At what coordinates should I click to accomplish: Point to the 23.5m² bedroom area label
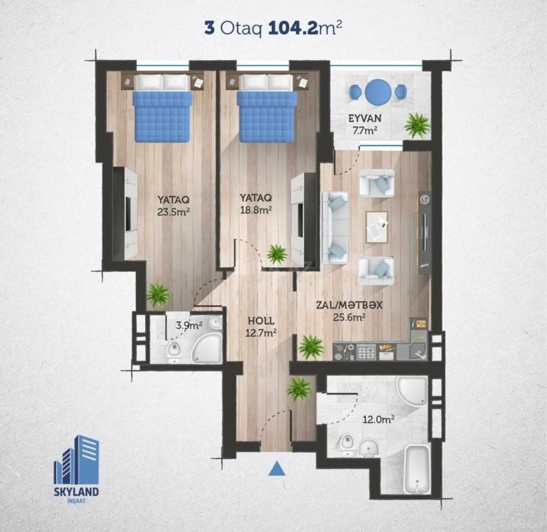point(173,212)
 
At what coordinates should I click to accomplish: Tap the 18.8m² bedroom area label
point(256,210)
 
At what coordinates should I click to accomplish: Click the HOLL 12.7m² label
point(261,327)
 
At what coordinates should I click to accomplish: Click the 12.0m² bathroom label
point(378,420)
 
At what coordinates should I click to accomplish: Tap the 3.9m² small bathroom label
point(189,325)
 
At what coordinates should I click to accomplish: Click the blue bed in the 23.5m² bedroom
point(163,116)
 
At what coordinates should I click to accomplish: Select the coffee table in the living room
point(376,227)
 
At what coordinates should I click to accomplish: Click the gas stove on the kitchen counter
point(366,352)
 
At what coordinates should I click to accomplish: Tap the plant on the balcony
point(417,125)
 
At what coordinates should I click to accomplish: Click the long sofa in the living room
point(335,228)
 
